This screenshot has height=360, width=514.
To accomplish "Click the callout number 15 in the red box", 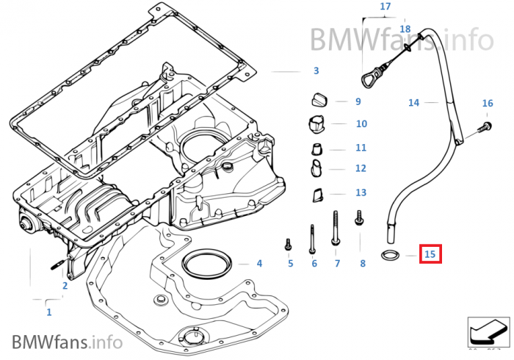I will click(x=430, y=255).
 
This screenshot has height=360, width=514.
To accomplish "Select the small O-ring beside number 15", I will click(x=389, y=256).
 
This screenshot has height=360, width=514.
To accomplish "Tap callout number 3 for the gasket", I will click(x=316, y=71).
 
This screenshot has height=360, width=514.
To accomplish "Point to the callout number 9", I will click(x=358, y=101).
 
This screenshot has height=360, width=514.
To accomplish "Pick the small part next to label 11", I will click(x=316, y=148).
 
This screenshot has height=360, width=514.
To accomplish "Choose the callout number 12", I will click(x=361, y=168).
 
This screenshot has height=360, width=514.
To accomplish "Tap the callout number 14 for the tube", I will click(x=413, y=103).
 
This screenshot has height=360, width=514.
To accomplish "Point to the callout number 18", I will click(x=405, y=29).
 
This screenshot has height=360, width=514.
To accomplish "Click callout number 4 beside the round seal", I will click(x=259, y=263).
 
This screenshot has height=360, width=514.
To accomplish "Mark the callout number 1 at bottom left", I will click(x=49, y=312).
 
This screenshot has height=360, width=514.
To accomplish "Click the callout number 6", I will click(x=314, y=263).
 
